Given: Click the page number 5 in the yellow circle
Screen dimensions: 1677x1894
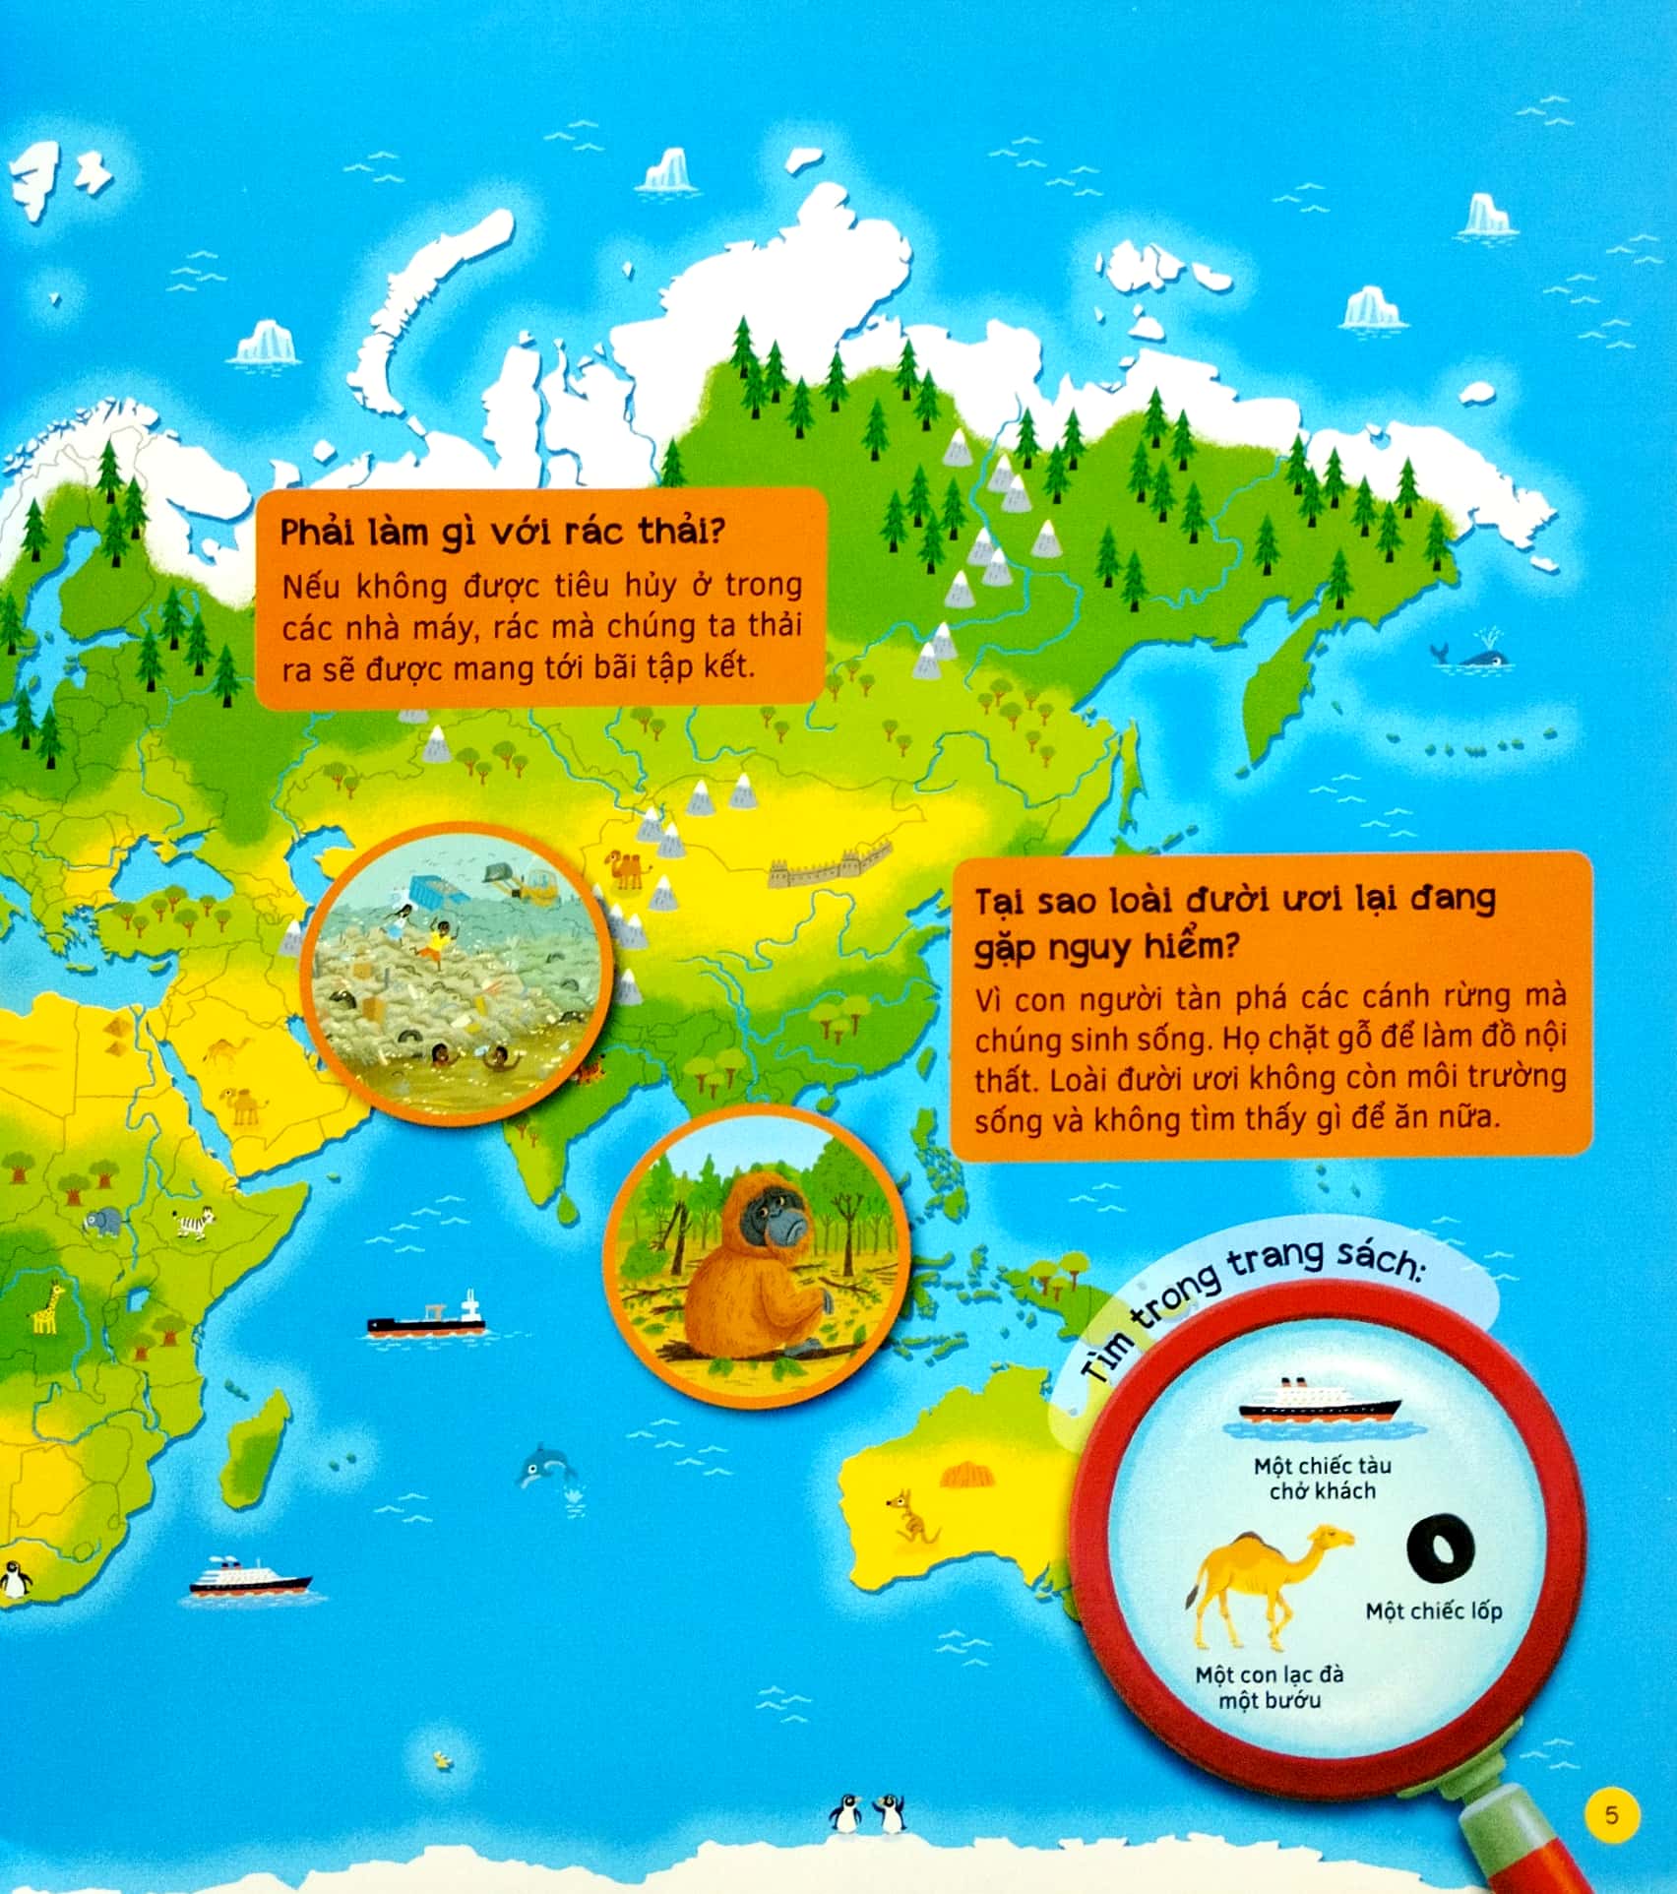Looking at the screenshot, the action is pos(1611,1812).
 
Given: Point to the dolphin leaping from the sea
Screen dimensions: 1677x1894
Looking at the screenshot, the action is pos(544,1466).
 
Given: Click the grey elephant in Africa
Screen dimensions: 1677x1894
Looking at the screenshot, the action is pos(102,1224).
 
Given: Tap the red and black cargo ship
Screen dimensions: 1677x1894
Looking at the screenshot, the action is pos(426,1319).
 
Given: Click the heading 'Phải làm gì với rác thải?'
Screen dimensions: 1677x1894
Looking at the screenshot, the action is pos(503,532).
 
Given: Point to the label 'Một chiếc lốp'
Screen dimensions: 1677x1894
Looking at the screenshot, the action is pos(1434,1611).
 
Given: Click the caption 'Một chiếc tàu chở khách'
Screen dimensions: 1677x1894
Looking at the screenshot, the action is pos(1322,1479).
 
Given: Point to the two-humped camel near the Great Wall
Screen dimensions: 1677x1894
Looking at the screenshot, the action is pos(630,867).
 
